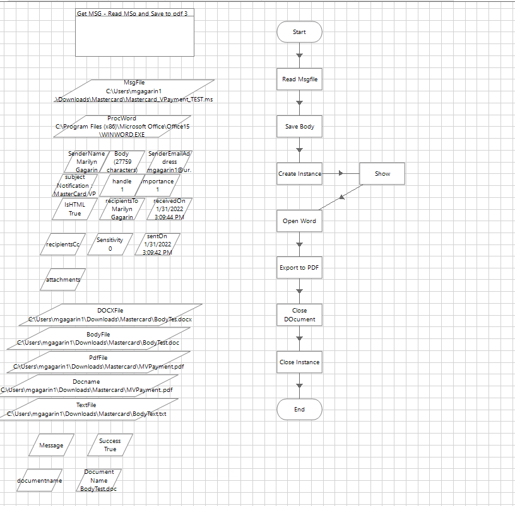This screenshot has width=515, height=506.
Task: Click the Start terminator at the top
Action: (x=299, y=32)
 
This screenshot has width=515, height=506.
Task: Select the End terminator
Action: (x=299, y=410)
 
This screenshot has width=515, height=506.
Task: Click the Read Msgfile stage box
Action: (x=299, y=79)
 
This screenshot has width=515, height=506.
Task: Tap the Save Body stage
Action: (x=299, y=127)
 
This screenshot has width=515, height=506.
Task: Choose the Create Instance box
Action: (x=299, y=174)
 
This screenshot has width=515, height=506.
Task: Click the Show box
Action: (x=382, y=174)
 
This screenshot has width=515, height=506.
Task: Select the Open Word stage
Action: (x=299, y=221)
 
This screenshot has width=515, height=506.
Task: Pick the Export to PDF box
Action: (x=299, y=268)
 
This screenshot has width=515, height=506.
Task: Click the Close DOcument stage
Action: (x=299, y=315)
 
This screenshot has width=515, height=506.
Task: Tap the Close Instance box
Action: (x=299, y=362)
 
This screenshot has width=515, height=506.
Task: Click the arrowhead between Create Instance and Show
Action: (x=341, y=173)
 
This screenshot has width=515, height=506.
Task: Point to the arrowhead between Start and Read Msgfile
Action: (x=299, y=55)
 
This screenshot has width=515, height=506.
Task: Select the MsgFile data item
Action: (x=133, y=91)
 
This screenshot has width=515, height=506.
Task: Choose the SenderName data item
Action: (x=86, y=162)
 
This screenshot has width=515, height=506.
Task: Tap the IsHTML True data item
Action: (x=74, y=209)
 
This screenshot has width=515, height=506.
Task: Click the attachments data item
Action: (x=63, y=280)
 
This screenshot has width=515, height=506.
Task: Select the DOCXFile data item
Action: (x=110, y=315)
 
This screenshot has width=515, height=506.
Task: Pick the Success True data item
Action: (x=110, y=445)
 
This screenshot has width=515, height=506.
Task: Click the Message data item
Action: (x=51, y=445)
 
